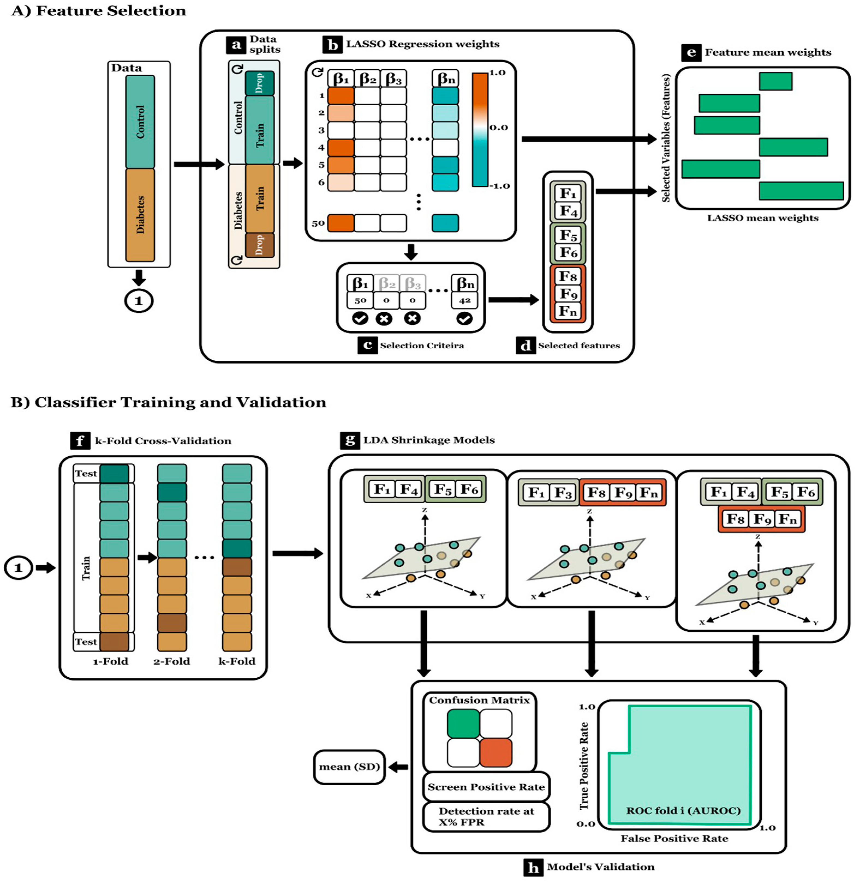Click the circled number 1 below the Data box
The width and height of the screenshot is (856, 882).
(x=139, y=301)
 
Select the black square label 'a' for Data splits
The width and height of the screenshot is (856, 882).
(x=236, y=44)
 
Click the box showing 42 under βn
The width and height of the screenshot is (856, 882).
(x=465, y=300)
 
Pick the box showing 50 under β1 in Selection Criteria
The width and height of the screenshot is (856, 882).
(x=360, y=300)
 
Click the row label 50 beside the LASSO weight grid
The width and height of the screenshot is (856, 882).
(x=318, y=223)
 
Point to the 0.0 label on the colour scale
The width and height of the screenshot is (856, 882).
(x=499, y=128)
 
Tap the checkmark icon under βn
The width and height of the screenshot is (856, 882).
(x=465, y=319)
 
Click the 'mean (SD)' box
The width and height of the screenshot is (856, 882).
(x=349, y=767)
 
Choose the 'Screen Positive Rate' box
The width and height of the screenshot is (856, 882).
(x=486, y=787)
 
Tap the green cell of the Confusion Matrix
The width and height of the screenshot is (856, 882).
(x=463, y=724)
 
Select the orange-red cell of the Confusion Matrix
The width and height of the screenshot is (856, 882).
(x=495, y=752)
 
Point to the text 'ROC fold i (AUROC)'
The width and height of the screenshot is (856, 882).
(x=683, y=811)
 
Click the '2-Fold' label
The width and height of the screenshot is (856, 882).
(x=172, y=661)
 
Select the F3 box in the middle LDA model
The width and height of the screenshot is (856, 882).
(x=562, y=493)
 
